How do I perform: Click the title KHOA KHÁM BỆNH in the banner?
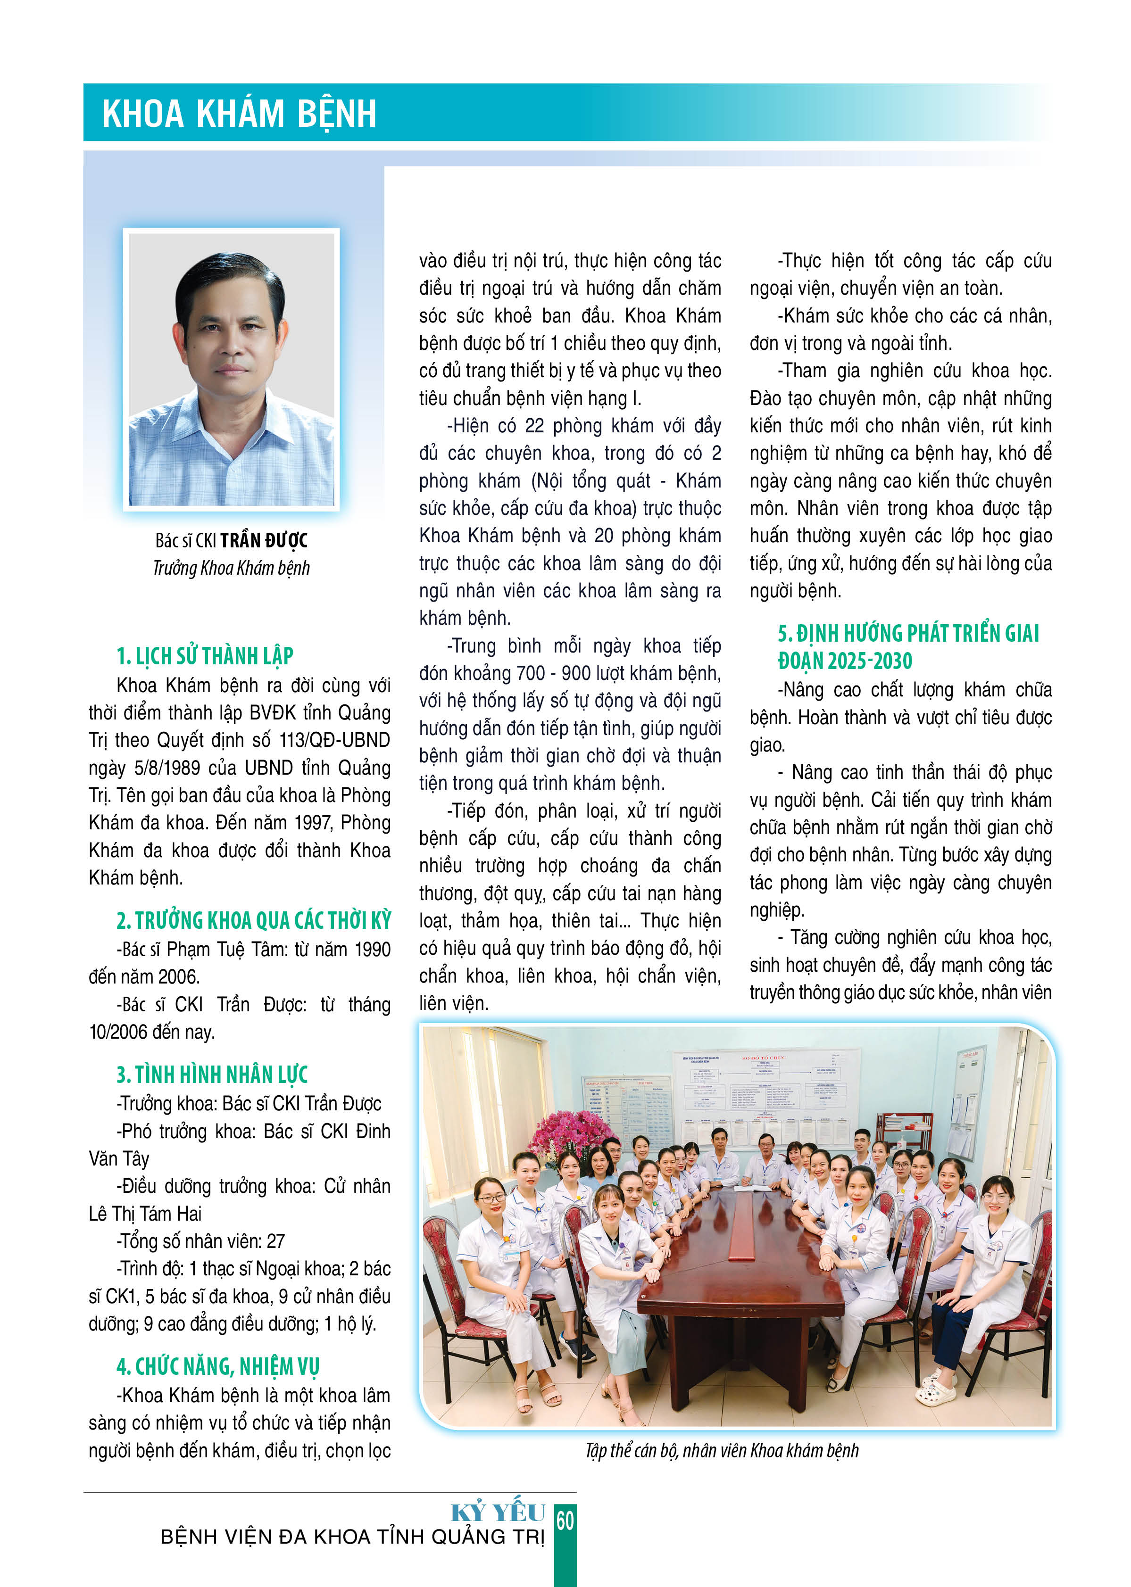pyautogui.click(x=239, y=114)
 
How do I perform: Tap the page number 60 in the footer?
pyautogui.click(x=565, y=1521)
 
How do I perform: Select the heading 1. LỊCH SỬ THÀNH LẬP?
pyautogui.click(x=205, y=656)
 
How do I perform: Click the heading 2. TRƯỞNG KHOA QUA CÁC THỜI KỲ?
pyautogui.click(x=253, y=920)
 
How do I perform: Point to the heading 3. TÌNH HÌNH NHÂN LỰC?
pyautogui.click(x=212, y=1075)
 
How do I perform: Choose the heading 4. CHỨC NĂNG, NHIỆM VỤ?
pyautogui.click(x=217, y=1366)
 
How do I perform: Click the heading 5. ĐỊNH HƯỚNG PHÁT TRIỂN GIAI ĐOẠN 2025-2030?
pyautogui.click(x=907, y=646)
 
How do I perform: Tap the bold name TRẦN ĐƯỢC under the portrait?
pyautogui.click(x=264, y=540)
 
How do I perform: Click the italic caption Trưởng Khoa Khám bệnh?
pyautogui.click(x=231, y=568)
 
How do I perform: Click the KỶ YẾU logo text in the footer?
pyautogui.click(x=498, y=1513)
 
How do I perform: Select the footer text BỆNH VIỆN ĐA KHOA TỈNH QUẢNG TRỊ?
pyautogui.click(x=352, y=1536)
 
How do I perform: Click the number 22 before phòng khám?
pyautogui.click(x=534, y=425)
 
